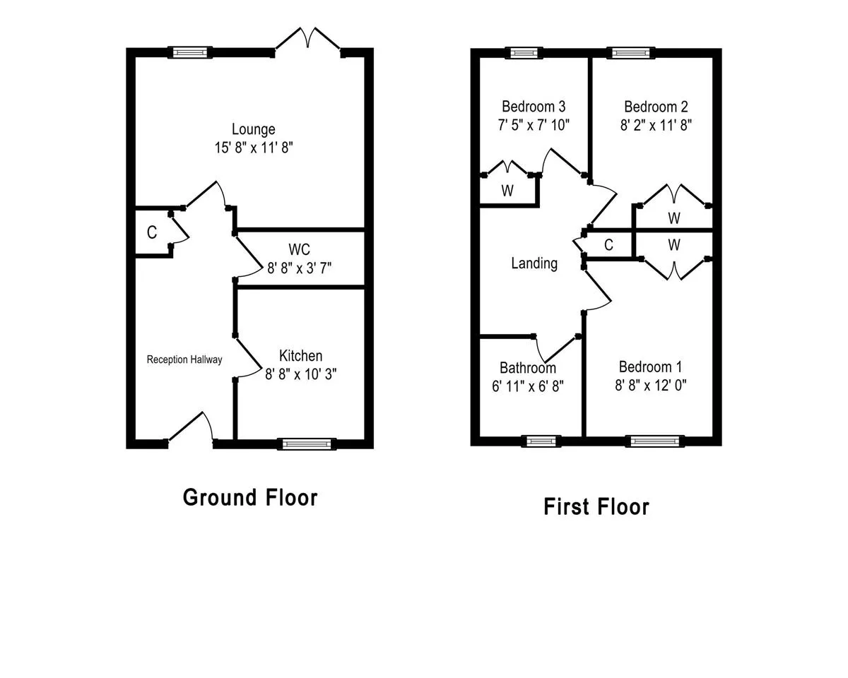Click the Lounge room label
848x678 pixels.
[254, 130]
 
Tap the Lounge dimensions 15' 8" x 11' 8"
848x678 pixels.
[254, 148]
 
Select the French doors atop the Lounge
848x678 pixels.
[308, 42]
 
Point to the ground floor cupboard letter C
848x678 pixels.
[152, 232]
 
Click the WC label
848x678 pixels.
[299, 249]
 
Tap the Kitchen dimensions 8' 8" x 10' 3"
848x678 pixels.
[300, 374]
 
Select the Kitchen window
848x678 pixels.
[307, 444]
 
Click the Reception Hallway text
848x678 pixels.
[184, 359]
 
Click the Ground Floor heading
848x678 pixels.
[250, 498]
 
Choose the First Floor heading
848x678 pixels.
[596, 506]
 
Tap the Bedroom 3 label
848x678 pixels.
[534, 107]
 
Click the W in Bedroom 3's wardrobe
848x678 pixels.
[507, 191]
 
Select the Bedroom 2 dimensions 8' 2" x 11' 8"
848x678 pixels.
[656, 125]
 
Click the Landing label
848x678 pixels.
[534, 263]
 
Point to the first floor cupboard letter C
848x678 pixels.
[608, 245]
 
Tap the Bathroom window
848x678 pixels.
[541, 441]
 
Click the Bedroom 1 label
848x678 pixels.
[650, 367]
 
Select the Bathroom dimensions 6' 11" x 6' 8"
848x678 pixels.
[528, 386]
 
